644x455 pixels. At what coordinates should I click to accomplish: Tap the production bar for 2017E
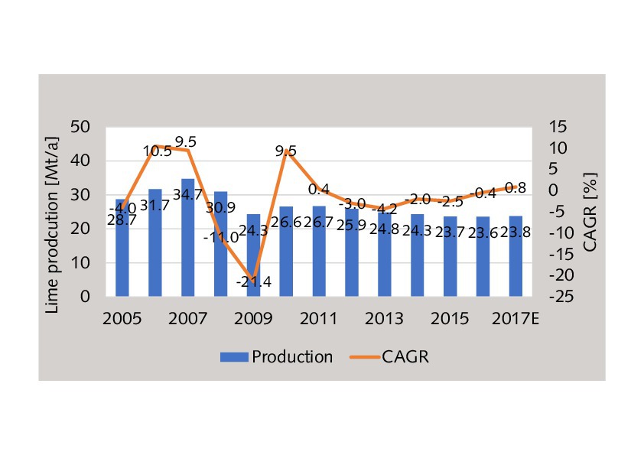(516, 256)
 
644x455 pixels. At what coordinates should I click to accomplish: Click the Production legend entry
(276, 357)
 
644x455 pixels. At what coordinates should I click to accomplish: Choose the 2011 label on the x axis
(320, 318)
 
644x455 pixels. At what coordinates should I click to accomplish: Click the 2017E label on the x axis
(516, 318)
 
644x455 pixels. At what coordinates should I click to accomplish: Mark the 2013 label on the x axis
(385, 318)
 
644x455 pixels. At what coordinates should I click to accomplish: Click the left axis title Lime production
(53, 212)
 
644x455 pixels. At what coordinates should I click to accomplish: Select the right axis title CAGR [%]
(590, 212)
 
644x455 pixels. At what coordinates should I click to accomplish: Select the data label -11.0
(221, 237)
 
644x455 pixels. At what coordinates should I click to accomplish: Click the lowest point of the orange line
(253, 281)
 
